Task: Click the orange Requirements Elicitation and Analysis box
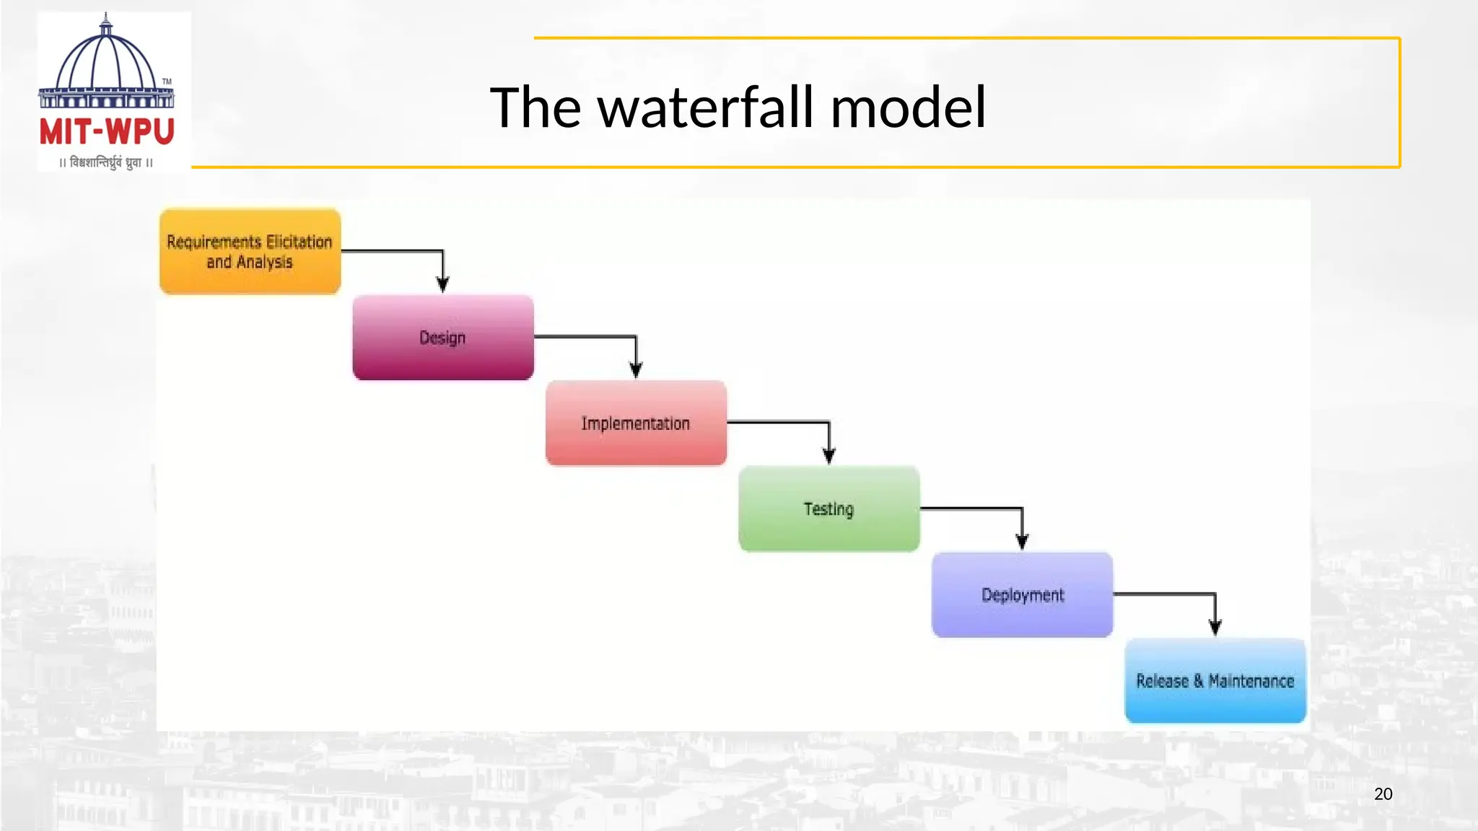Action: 250,251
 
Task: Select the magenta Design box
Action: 443,338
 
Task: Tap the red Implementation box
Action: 636,423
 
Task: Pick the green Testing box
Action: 829,509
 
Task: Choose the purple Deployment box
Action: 1022,595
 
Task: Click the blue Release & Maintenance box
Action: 1215,681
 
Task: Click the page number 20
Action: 1383,794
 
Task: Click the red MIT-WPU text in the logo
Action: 107,132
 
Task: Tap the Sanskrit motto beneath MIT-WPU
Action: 106,162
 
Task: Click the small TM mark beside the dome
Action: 167,82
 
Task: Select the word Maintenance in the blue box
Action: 1251,681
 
